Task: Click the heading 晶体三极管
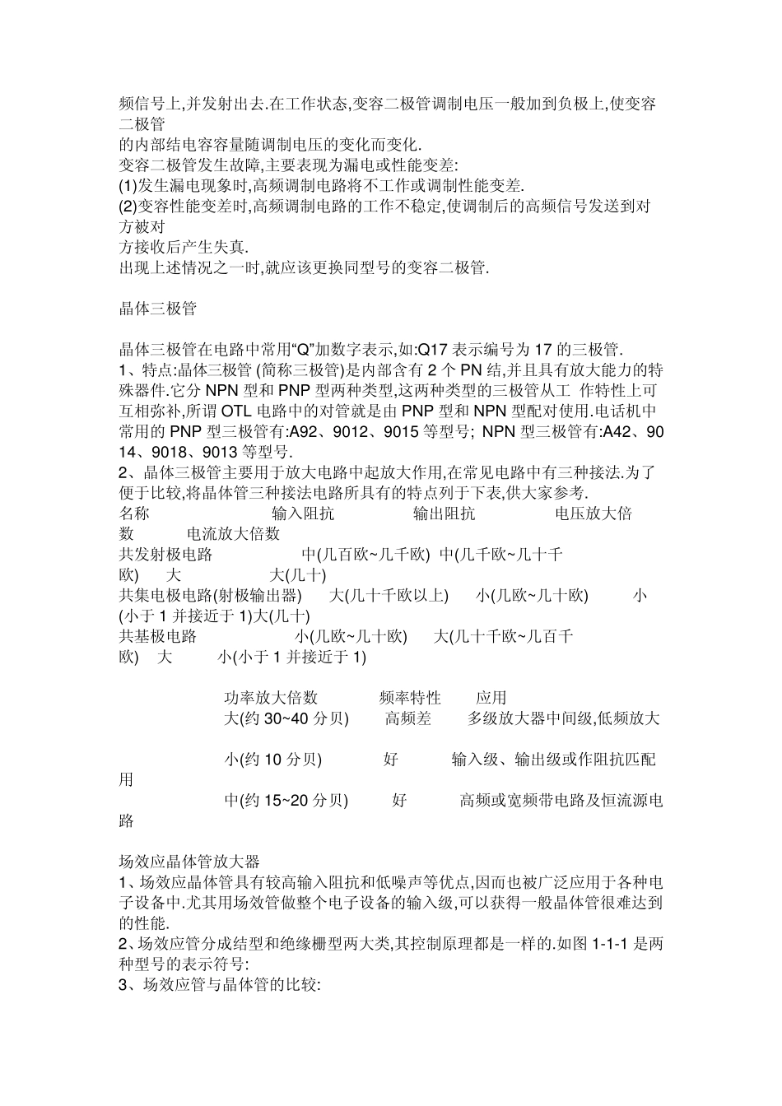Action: click(x=158, y=309)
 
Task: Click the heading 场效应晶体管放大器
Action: click(x=189, y=862)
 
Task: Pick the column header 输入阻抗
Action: click(x=303, y=513)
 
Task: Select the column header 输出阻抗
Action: click(x=444, y=513)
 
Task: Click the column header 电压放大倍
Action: click(x=593, y=513)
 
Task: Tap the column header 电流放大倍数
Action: click(x=234, y=534)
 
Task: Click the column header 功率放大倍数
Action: click(x=271, y=698)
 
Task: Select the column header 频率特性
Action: click(x=410, y=698)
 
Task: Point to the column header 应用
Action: click(x=491, y=698)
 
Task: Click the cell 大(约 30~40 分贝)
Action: click(x=286, y=718)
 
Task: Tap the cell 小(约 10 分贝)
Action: click(x=272, y=760)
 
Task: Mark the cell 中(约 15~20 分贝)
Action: click(x=286, y=800)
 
